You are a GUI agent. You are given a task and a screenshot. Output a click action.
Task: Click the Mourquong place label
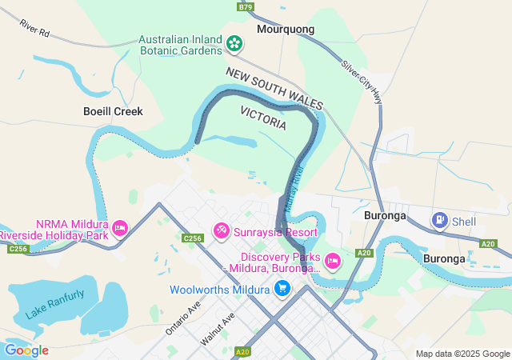tap(286, 29)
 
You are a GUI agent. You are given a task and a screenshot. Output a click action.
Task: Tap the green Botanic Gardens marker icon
tap(234, 44)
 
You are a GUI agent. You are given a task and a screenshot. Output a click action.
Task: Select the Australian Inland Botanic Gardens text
tap(180, 45)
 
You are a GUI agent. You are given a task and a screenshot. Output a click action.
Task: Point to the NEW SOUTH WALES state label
tap(274, 89)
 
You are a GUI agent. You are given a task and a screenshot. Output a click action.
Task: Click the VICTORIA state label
tap(263, 119)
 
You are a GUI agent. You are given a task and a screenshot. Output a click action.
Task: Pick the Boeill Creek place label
tap(113, 111)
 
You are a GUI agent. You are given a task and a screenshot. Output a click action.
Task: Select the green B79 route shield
tap(246, 6)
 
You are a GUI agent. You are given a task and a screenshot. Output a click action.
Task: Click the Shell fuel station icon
tap(439, 219)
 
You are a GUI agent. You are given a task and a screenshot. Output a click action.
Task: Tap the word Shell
tap(463, 221)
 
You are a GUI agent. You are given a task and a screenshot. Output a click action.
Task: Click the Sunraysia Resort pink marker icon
tap(222, 231)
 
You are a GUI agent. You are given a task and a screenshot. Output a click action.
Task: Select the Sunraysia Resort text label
tap(275, 232)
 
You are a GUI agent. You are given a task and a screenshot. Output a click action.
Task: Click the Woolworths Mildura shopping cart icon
tap(282, 289)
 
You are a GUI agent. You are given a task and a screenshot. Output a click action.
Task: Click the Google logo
tap(26, 350)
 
